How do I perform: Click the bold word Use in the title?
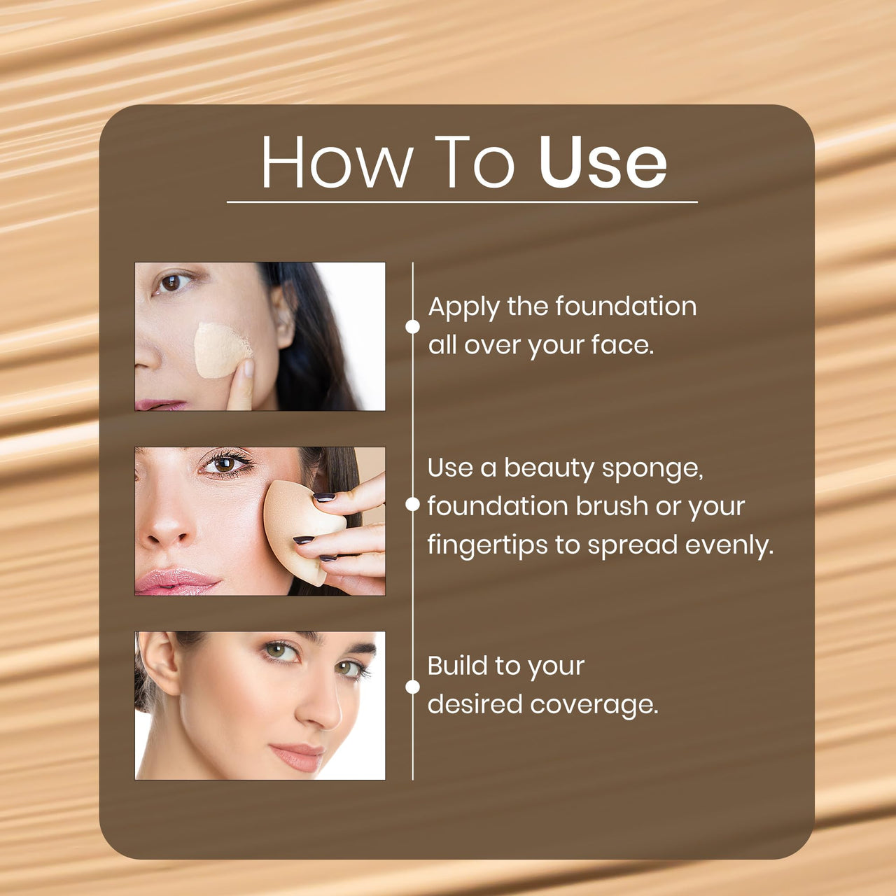(x=602, y=162)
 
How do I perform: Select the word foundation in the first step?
(x=626, y=307)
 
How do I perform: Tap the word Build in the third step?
(x=458, y=666)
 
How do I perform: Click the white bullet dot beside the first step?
(x=413, y=326)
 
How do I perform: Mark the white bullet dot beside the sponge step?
(x=413, y=505)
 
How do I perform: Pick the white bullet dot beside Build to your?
(x=413, y=687)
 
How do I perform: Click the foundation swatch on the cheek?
(x=220, y=349)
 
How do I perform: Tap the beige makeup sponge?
(x=297, y=525)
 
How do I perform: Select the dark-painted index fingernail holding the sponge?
(x=323, y=497)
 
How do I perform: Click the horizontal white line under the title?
(x=462, y=202)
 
